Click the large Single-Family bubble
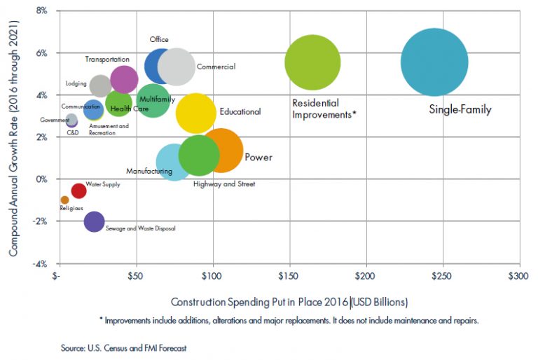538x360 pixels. (434, 62)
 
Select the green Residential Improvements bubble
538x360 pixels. (312, 62)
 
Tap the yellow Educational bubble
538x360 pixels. (196, 114)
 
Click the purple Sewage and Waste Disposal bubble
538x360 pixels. (94, 221)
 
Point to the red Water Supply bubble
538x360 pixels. (78, 191)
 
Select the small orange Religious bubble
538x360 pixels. (64, 200)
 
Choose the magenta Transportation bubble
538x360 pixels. (124, 79)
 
